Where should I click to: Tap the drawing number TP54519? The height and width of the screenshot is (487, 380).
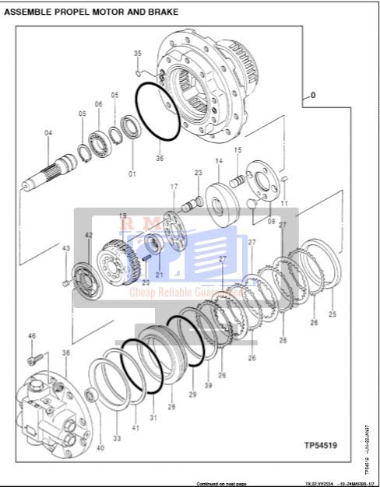[322, 447]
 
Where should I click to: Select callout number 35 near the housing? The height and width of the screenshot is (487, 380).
[138, 53]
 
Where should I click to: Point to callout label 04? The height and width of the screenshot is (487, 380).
[48, 133]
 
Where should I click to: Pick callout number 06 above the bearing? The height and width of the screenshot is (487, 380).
[99, 103]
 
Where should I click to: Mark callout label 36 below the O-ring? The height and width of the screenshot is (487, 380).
[160, 159]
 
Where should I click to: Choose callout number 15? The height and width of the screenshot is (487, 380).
[237, 149]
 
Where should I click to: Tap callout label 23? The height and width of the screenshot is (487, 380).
[198, 173]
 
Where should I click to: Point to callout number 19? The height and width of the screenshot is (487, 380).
[122, 215]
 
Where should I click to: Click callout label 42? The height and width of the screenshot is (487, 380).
[89, 235]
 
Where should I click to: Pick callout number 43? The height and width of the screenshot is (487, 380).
[66, 248]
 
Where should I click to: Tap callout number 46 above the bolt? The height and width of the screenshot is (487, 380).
[32, 335]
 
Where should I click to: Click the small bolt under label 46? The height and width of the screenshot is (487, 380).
[33, 359]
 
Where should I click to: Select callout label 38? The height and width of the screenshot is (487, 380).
[66, 353]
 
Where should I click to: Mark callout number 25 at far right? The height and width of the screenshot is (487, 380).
[332, 314]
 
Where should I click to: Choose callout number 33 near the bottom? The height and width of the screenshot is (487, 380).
[117, 439]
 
